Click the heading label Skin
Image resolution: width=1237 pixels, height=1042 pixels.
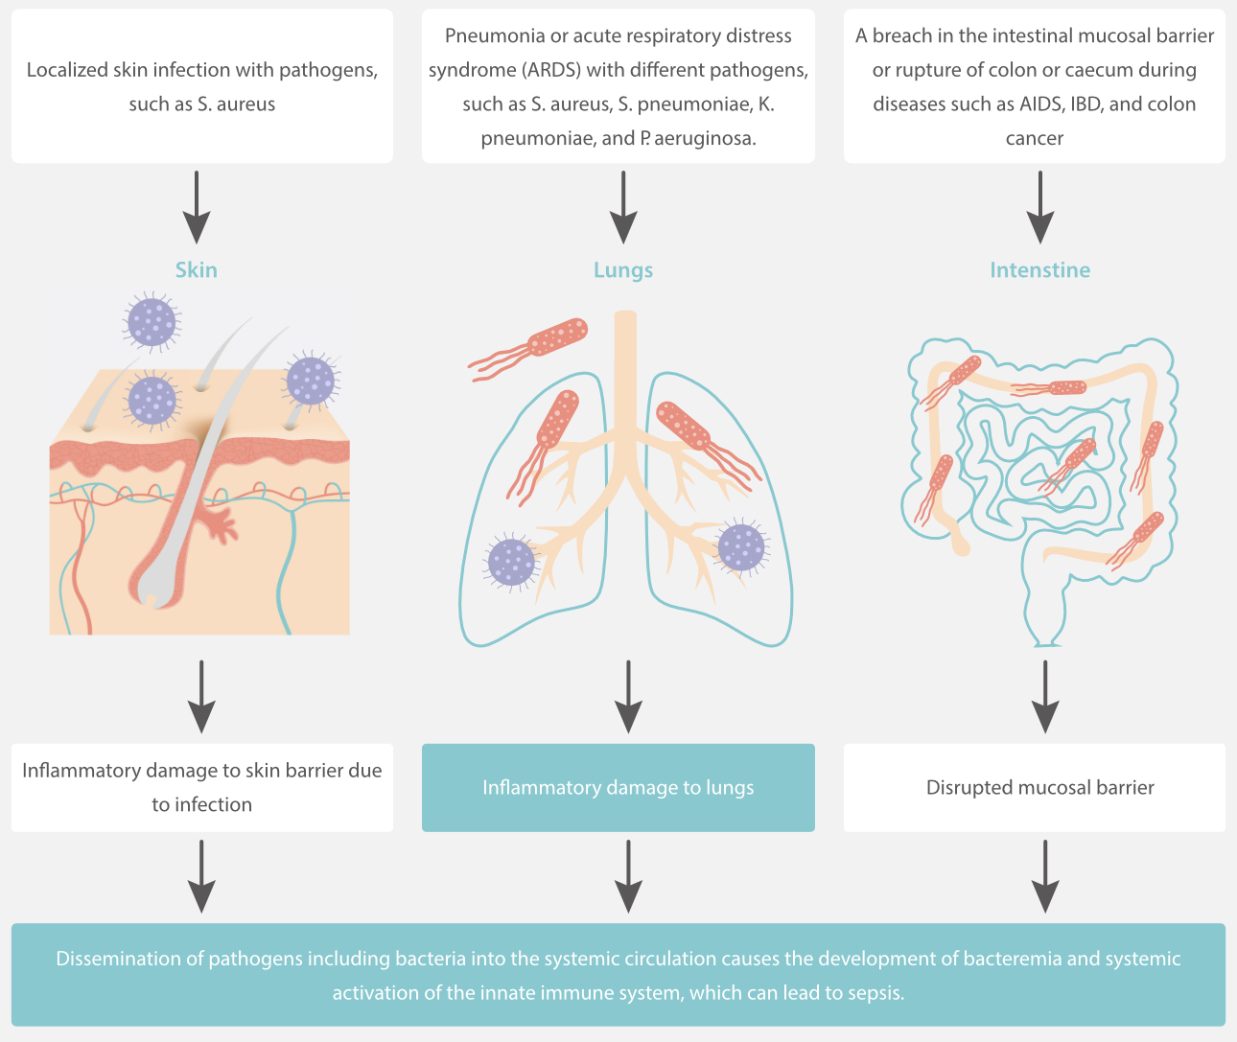point(196,270)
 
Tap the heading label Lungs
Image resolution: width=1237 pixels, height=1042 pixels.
point(623,270)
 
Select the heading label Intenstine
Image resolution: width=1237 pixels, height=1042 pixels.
point(1039,270)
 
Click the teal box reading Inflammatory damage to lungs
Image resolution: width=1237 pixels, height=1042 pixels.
point(618,787)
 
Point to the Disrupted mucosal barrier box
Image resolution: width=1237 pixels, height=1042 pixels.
point(1039,787)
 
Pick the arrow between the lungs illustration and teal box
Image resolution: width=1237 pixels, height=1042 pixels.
point(628,696)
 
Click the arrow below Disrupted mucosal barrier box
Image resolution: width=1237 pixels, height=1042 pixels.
point(1044,876)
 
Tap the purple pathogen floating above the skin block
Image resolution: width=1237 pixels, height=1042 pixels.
point(152,322)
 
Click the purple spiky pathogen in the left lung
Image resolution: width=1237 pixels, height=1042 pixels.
point(511,562)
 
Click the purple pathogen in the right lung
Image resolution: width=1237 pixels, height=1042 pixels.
point(741,547)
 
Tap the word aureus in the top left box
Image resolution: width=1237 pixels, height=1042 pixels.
point(245,104)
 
